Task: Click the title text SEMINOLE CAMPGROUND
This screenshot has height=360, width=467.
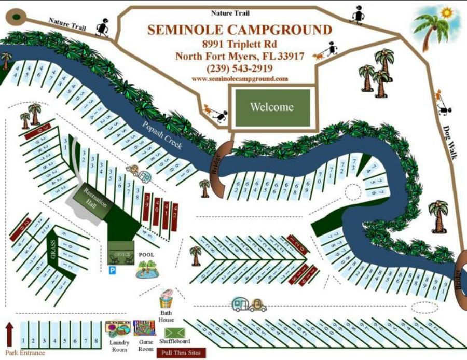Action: (x=239, y=30)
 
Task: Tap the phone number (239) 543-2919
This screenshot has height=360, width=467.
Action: (x=239, y=68)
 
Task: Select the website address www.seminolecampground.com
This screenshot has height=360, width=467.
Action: (x=239, y=79)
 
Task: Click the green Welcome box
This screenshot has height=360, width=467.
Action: (x=272, y=107)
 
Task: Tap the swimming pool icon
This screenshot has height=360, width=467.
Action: (x=147, y=269)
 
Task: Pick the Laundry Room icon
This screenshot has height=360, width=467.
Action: (x=118, y=329)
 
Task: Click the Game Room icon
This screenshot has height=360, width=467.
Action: (x=144, y=328)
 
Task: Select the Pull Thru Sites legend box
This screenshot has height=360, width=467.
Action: (x=180, y=353)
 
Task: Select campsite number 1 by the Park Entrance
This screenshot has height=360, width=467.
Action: (x=23, y=341)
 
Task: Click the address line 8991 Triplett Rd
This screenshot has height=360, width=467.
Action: (x=239, y=44)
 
